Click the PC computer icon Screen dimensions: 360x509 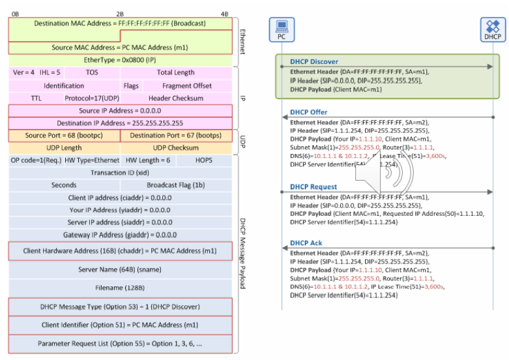click(282, 29)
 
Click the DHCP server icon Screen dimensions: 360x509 click(493, 29)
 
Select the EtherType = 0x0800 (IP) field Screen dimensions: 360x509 click(120, 59)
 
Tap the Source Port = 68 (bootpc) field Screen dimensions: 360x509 click(64, 136)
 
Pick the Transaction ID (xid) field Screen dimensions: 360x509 click(120, 173)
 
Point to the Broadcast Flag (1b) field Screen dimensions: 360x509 click(175, 185)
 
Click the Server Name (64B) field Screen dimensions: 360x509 click(120, 269)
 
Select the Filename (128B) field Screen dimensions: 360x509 click(120, 287)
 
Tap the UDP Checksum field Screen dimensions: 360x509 click(176, 148)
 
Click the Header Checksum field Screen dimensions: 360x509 click(176, 98)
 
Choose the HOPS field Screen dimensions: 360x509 click(204, 160)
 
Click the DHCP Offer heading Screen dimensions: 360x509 click(309, 112)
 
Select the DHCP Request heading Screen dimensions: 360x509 click(313, 187)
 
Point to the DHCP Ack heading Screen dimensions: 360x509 click(306, 243)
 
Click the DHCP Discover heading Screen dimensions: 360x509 click(314, 62)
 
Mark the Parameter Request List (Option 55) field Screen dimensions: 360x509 click(120, 343)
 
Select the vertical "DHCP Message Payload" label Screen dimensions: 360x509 click(242, 254)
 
